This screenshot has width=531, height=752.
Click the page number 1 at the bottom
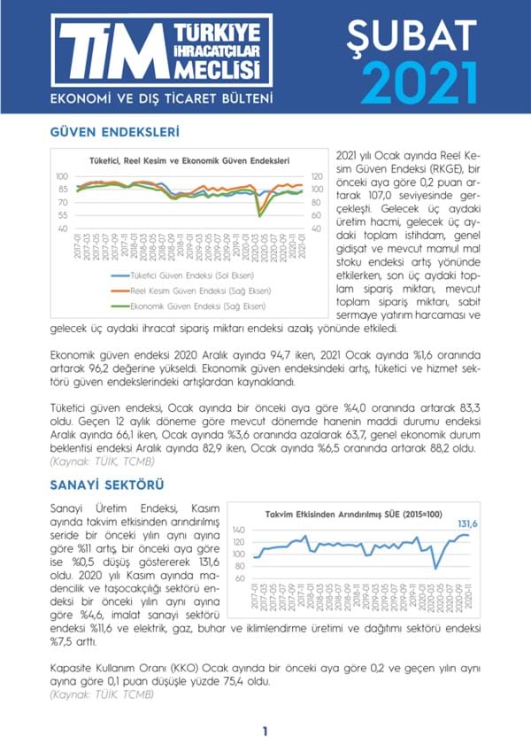tap(265, 732)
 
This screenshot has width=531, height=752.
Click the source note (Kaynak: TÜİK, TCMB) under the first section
tap(95, 461)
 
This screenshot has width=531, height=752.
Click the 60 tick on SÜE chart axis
tap(238, 578)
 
